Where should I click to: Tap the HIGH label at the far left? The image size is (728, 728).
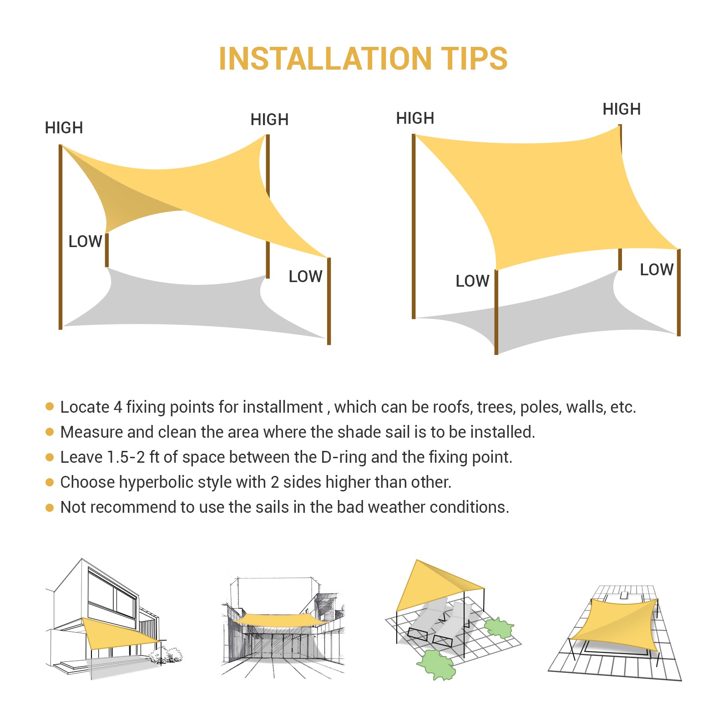point(64,128)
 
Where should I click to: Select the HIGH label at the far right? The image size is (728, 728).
point(622,109)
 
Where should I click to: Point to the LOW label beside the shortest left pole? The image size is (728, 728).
point(85,242)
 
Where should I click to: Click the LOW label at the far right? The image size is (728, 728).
point(657,270)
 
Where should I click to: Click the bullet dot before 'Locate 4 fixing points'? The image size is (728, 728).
point(50,406)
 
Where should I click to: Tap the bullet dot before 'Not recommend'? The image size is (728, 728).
point(50,507)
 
